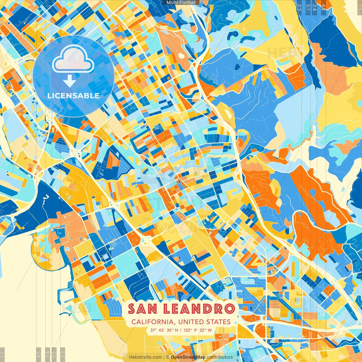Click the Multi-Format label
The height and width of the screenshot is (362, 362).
click(x=181, y=3)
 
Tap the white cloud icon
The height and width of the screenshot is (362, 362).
click(x=73, y=59)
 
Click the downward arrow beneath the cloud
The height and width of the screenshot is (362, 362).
click(x=70, y=81)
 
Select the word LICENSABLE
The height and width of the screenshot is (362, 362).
click(x=74, y=96)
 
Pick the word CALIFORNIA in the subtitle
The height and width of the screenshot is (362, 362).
click(x=152, y=322)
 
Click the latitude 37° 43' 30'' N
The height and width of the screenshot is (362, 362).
click(x=164, y=330)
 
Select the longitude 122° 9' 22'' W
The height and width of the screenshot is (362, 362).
click(x=198, y=330)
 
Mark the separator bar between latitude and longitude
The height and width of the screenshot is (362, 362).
click(x=181, y=330)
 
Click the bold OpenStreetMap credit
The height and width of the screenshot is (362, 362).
click(x=188, y=357)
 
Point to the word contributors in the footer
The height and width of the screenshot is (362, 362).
click(x=220, y=357)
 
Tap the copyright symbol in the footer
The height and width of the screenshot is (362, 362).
click(x=168, y=357)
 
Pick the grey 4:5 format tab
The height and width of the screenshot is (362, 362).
click(x=38, y=354)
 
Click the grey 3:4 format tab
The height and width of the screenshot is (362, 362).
click(x=48, y=354)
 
